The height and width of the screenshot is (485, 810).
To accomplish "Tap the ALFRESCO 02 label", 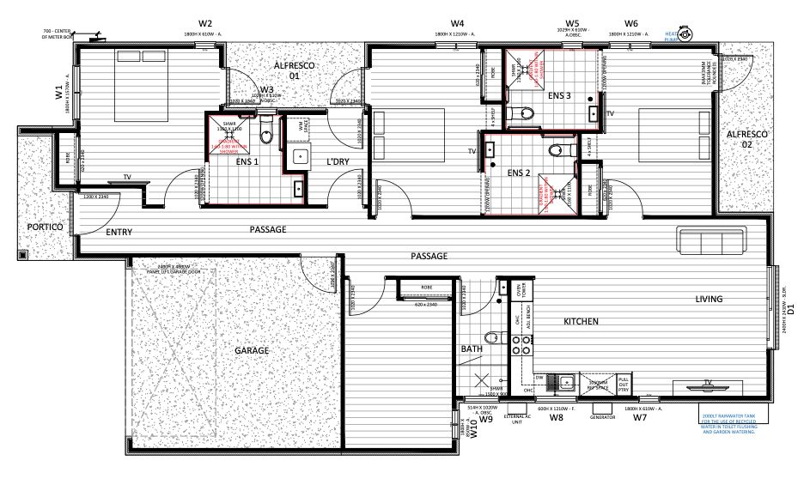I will (744, 140).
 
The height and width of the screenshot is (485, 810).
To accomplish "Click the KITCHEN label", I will (580, 322).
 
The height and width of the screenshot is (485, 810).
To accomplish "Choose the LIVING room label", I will (710, 299).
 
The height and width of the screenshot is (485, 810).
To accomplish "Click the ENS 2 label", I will (518, 173).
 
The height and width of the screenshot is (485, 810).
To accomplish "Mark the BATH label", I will (472, 349).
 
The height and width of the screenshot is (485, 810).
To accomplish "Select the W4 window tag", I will (458, 23).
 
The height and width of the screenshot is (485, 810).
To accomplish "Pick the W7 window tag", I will (639, 418).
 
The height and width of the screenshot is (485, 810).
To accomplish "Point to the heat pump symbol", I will (685, 34).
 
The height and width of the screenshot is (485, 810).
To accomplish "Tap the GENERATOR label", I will (602, 417).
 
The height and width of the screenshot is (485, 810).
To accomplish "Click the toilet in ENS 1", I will (266, 132).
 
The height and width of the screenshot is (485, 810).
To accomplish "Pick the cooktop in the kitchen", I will (519, 345).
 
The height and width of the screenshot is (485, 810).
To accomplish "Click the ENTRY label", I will (119, 232).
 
